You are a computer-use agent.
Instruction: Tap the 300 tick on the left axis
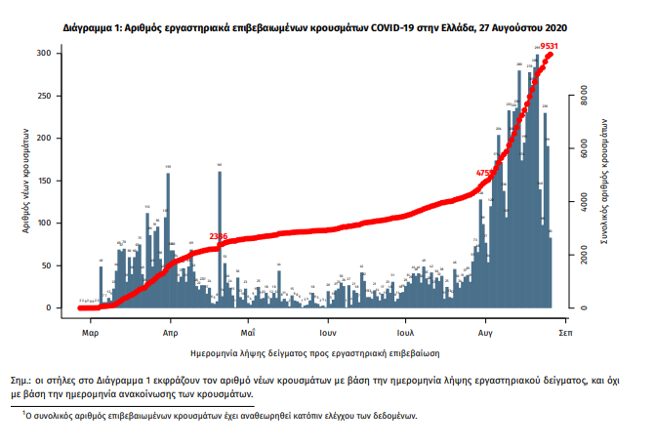(x=45, y=54)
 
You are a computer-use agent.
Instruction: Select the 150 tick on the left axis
(x=45, y=181)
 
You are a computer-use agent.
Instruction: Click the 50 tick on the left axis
(x=47, y=265)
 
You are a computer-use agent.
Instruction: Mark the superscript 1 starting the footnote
(x=24, y=412)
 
